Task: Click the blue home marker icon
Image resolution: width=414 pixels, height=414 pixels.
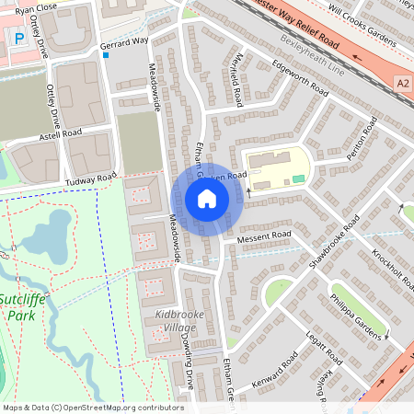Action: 207,199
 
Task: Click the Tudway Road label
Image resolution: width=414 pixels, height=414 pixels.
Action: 93,176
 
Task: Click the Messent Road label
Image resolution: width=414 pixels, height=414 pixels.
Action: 263,237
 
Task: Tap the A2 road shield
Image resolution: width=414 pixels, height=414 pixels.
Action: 401,83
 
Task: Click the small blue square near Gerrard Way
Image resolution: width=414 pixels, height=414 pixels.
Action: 107,56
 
